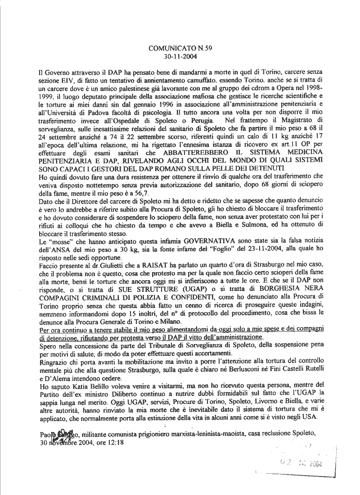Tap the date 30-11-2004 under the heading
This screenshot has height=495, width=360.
[180, 57]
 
